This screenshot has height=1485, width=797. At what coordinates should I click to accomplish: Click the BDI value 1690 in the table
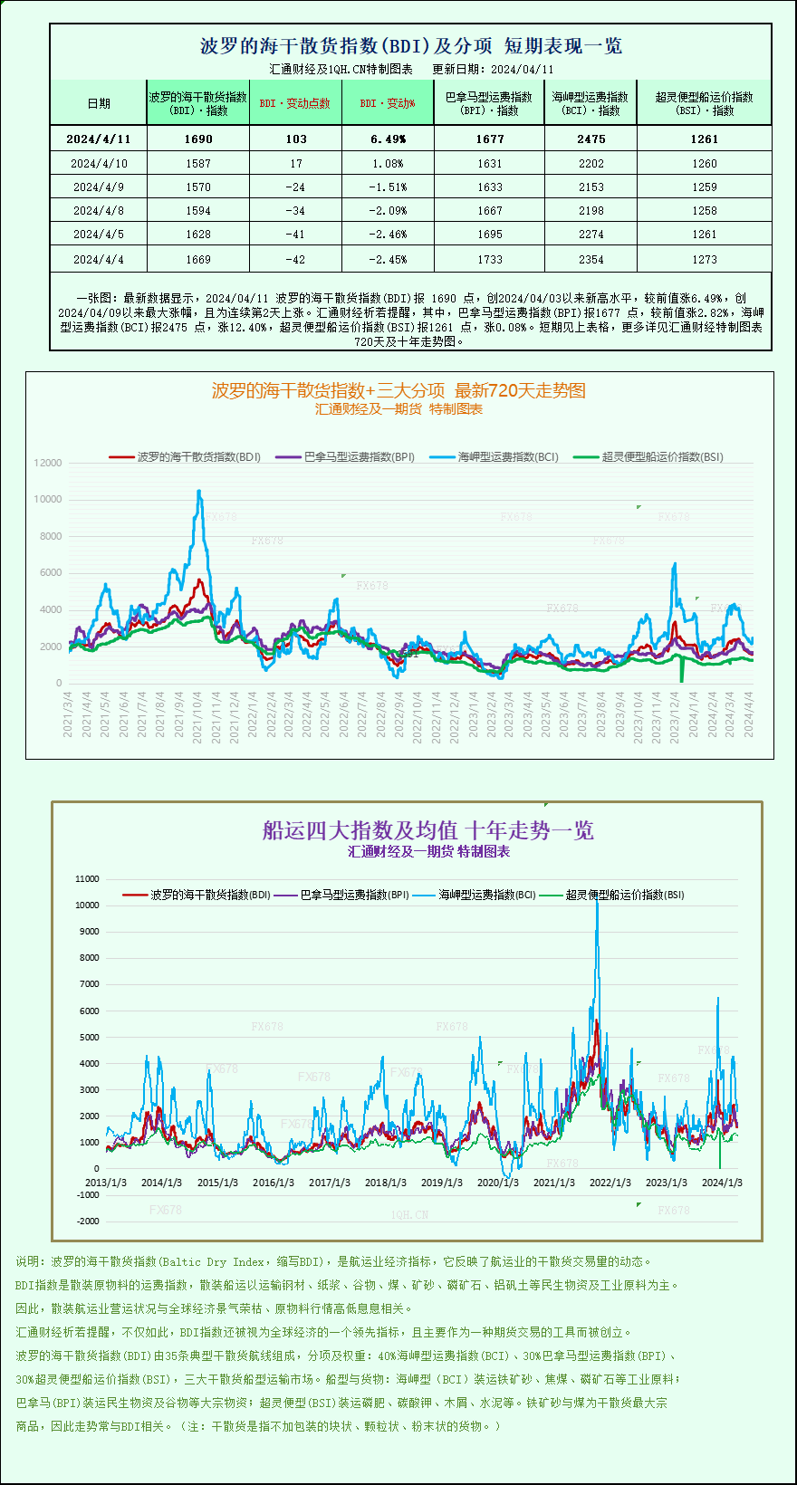tap(197, 139)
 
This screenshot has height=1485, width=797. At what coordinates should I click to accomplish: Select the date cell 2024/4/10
tap(99, 164)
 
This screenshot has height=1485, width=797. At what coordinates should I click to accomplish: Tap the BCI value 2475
tap(591, 139)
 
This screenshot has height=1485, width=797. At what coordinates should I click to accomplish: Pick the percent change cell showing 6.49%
tap(388, 139)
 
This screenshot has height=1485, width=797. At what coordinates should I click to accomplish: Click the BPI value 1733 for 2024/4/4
tap(489, 260)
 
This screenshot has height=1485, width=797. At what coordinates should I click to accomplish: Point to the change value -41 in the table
tap(295, 235)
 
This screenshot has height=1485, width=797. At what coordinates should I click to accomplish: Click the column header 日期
tap(99, 103)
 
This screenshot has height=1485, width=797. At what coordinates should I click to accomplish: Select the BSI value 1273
tap(704, 260)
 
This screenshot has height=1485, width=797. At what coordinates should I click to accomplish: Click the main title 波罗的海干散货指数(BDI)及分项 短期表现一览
tap(410, 46)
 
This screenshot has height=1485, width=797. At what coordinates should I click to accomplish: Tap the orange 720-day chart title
tap(398, 390)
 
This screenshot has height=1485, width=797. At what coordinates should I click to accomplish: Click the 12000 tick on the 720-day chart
tap(48, 463)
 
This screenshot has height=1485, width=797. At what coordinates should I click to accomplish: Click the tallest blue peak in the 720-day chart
tap(199, 492)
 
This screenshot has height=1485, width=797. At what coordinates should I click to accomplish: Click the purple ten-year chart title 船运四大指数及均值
tap(427, 830)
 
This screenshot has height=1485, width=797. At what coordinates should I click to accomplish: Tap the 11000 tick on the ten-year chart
tap(88, 878)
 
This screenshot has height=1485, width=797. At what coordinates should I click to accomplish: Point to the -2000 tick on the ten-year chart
tap(88, 1222)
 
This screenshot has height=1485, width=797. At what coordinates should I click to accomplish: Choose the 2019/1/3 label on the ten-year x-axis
tap(442, 1183)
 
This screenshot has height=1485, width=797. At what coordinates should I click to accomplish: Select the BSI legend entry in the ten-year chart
tap(624, 895)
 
